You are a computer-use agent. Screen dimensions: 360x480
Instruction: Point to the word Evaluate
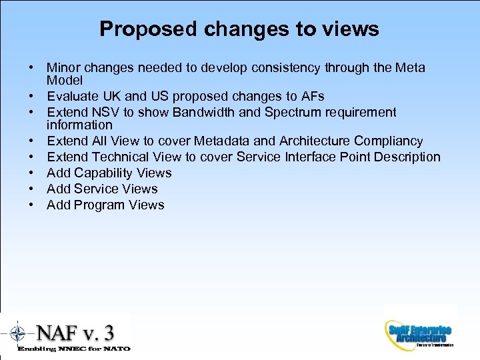[x=74, y=97]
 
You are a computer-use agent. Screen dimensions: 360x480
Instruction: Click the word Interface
[x=313, y=157]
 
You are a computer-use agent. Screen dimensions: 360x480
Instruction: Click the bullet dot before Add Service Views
[x=31, y=189]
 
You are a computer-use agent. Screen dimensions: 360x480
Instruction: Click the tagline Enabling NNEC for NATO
[x=73, y=349]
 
